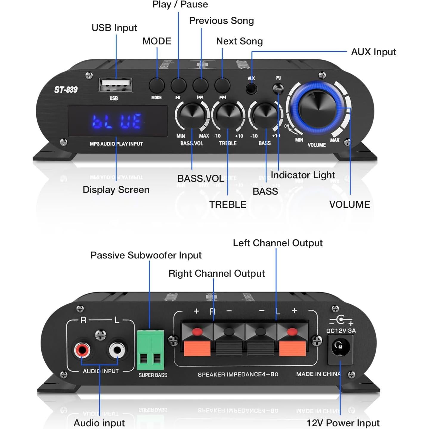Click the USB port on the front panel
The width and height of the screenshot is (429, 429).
pyautogui.click(x=115, y=85)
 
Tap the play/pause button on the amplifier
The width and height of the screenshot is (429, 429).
pyautogui.click(x=178, y=86)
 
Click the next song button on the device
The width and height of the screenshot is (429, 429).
pyautogui.click(x=222, y=86)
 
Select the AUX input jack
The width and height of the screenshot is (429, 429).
pyautogui.click(x=251, y=89)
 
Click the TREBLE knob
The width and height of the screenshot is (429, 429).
pyautogui.click(x=228, y=115)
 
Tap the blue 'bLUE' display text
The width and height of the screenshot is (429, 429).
pyautogui.click(x=117, y=121)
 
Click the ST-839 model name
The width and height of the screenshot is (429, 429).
pyautogui.click(x=66, y=90)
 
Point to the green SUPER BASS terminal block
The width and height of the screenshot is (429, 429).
pyautogui.click(x=150, y=349)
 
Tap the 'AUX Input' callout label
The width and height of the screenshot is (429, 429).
pyautogui.click(x=373, y=52)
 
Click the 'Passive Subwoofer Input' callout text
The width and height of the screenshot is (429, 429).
pyautogui.click(x=146, y=255)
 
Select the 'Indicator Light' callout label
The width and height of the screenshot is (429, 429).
pyautogui.click(x=303, y=175)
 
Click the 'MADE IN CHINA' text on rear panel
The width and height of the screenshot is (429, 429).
pyautogui.click(x=318, y=374)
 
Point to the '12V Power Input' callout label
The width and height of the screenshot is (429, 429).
pyautogui.click(x=343, y=423)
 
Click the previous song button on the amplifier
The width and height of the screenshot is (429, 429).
pyautogui.click(x=200, y=86)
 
